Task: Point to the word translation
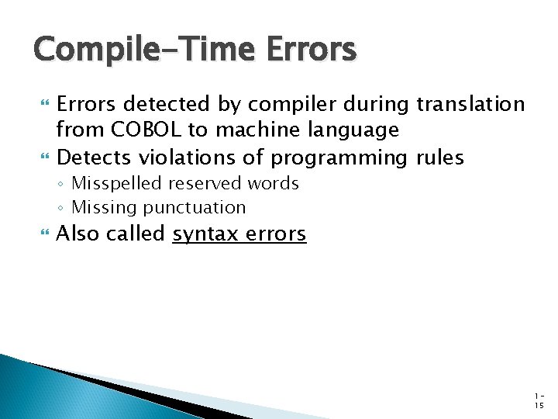coord(470,104)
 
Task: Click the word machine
coord(252,130)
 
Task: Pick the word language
coord(353,130)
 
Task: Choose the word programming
coord(339,158)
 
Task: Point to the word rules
coord(439,158)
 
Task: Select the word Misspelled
coord(115,184)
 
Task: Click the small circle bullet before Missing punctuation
coord(62,208)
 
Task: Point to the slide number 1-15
coord(539,399)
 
